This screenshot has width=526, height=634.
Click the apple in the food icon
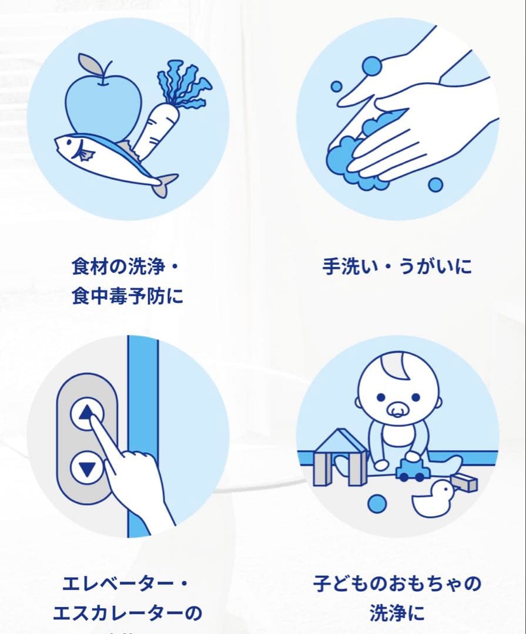103,106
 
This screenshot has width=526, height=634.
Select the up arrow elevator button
87,414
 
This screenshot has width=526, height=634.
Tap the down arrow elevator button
87,468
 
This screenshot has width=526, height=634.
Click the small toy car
410,470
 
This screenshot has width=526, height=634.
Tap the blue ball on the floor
377,503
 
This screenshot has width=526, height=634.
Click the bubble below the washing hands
435,185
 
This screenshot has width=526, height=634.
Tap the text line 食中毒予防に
128,295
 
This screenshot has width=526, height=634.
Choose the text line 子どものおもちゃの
397,584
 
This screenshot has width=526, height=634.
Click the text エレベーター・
128,584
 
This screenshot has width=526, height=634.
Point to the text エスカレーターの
128,613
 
